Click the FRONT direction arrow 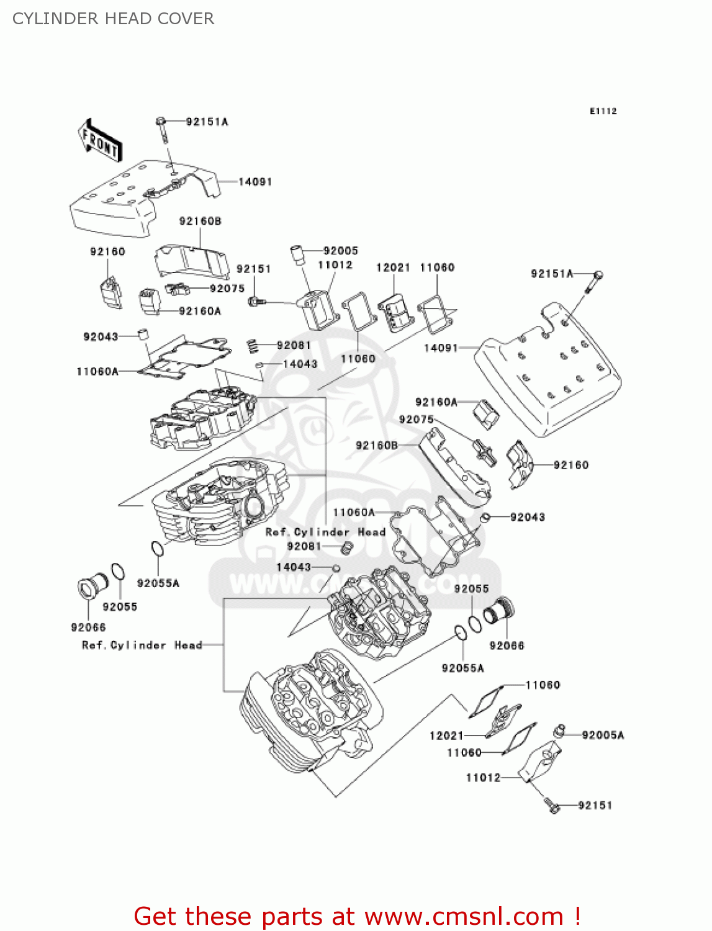[x=99, y=142]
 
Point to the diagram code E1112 [x=603, y=111]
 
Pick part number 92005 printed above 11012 [x=341, y=251]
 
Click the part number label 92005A [x=603, y=735]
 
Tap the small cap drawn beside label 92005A [x=560, y=730]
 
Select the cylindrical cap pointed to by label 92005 [x=296, y=254]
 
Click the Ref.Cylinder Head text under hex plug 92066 [x=142, y=645]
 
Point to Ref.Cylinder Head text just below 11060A [x=325, y=532]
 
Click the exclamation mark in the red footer [x=577, y=916]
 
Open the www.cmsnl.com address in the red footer [x=464, y=916]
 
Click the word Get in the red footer [x=156, y=916]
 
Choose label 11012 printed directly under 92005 [x=335, y=265]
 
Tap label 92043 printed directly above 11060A [x=101, y=336]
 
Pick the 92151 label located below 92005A [x=595, y=805]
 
